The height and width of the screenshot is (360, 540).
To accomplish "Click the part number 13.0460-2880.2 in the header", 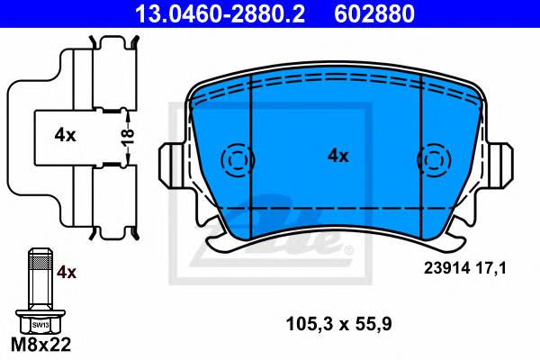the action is [x=220, y=13].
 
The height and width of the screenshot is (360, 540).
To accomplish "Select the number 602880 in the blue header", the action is [x=374, y=13].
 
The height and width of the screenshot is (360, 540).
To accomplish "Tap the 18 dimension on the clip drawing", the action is [x=128, y=138].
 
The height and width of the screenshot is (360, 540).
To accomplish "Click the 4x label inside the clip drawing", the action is [x=65, y=135].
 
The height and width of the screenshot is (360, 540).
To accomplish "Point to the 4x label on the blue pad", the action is [x=337, y=156].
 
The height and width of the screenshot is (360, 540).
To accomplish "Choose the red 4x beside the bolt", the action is [x=67, y=273].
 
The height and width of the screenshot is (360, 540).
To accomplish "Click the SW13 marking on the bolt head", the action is [x=40, y=325].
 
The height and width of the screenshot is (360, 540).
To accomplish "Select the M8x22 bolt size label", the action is [x=40, y=344].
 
